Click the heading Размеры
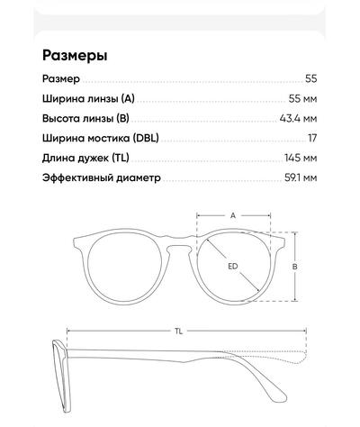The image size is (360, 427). (x=75, y=55)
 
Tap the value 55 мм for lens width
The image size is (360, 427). (x=302, y=98)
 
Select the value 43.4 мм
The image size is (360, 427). (x=298, y=118)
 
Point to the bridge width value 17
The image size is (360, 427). (x=312, y=138)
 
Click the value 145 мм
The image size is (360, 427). (x=301, y=158)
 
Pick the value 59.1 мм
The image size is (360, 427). (x=301, y=177)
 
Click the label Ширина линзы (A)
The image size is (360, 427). (x=88, y=98)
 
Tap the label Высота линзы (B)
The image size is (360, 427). (x=85, y=118)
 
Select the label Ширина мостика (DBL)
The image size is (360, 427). (x=101, y=138)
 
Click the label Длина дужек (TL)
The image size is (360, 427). (x=85, y=158)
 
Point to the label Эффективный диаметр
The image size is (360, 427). (x=102, y=177)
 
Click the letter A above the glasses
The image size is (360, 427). (x=233, y=215)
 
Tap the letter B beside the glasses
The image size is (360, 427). (x=295, y=267)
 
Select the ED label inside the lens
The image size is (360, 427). (x=233, y=266)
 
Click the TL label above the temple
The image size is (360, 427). (x=179, y=331)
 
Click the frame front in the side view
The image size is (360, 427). (x=62, y=376)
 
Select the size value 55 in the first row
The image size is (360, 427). (x=311, y=78)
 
